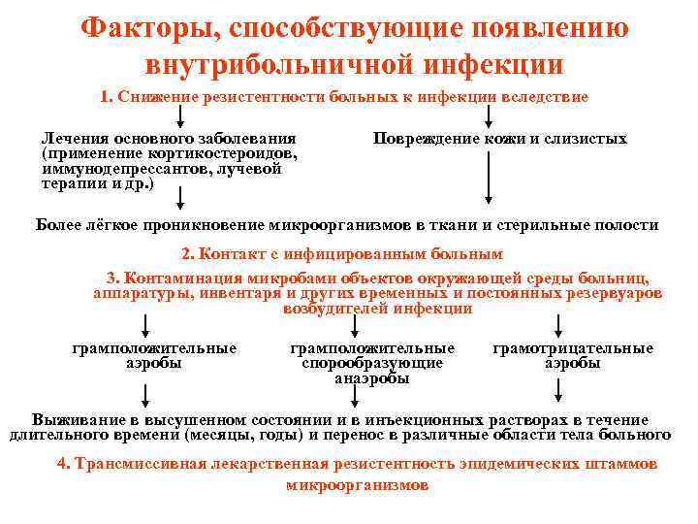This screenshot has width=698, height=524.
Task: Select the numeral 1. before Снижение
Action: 107,98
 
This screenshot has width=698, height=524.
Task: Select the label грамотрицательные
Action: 573,348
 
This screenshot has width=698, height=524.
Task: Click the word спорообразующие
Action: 372,363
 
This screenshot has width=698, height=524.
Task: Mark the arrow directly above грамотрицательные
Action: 559,325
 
